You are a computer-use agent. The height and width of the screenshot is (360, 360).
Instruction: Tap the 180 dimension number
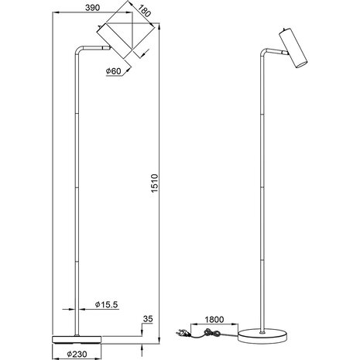coord(144,12)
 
